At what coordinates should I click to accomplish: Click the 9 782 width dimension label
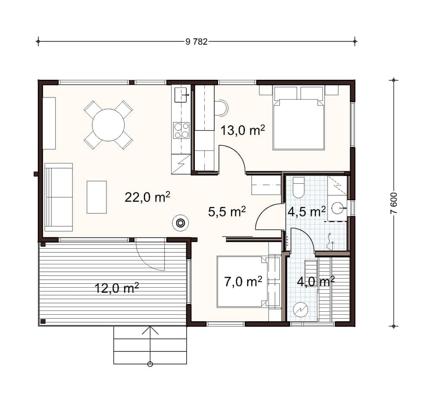(x=197, y=42)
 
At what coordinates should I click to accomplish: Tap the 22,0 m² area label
(x=147, y=197)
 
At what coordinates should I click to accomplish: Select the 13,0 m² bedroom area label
(x=243, y=130)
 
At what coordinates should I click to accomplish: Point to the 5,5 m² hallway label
(x=227, y=212)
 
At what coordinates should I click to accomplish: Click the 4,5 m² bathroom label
(x=306, y=212)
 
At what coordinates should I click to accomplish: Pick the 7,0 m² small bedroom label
(x=243, y=282)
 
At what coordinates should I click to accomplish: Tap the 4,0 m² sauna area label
(x=316, y=282)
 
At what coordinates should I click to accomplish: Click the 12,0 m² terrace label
(x=116, y=288)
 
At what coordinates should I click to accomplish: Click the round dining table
(x=108, y=125)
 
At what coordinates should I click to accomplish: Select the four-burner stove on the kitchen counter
(x=181, y=130)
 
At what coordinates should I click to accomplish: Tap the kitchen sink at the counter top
(x=181, y=94)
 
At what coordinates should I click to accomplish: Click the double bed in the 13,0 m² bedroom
(x=299, y=118)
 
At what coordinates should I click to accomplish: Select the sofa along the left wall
(x=59, y=197)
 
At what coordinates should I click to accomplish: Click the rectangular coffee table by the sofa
(x=97, y=197)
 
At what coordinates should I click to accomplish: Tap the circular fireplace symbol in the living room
(x=180, y=223)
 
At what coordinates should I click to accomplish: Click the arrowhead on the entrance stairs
(x=150, y=330)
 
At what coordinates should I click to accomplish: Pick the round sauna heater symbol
(x=301, y=310)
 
